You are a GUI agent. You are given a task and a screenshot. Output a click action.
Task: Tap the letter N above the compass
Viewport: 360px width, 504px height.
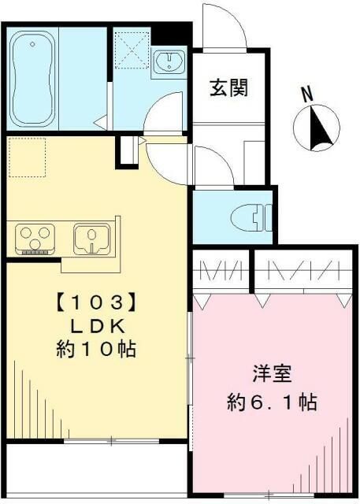[308, 94]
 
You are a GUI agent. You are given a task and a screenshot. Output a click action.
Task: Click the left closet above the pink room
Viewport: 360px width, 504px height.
[221, 272]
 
